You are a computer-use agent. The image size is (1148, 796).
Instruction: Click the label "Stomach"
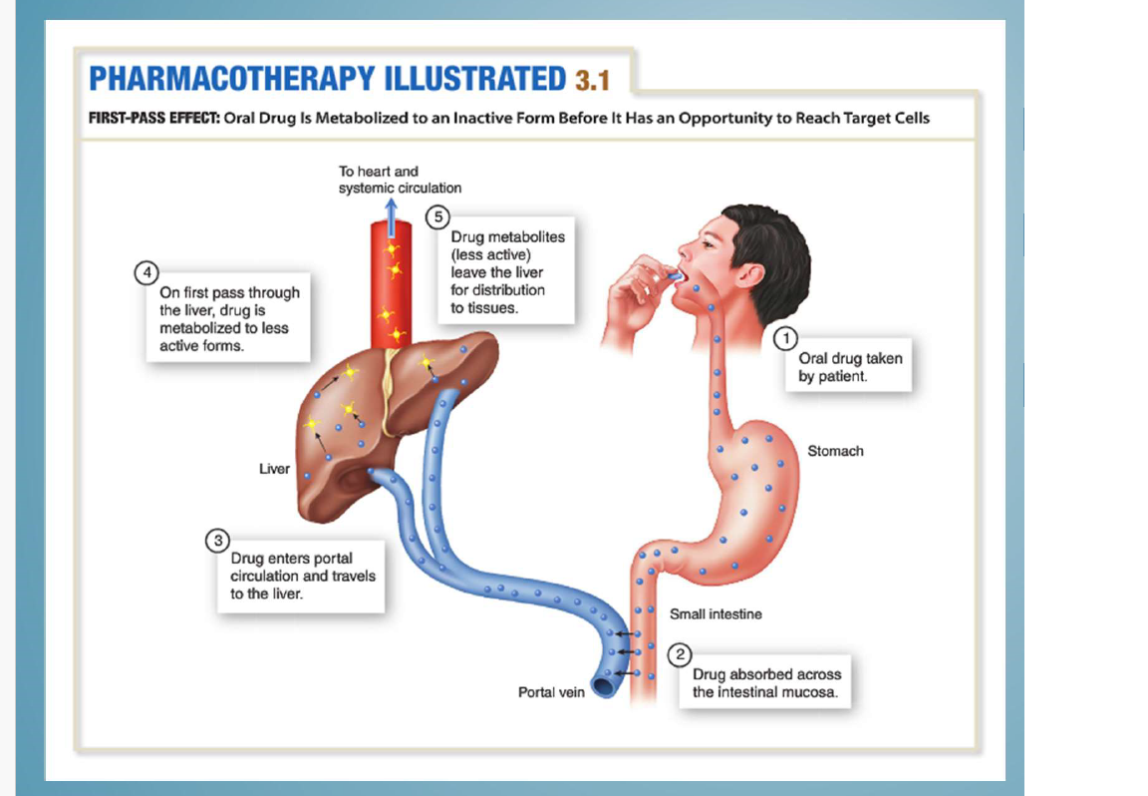click(x=835, y=451)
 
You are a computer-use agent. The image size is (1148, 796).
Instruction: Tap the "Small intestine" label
click(x=716, y=614)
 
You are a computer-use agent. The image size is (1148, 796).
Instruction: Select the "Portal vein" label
click(x=551, y=691)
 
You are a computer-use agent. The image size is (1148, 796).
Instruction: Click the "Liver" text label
click(x=274, y=469)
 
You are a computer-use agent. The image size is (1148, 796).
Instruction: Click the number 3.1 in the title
click(x=592, y=79)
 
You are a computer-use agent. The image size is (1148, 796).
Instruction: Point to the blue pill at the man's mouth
click(x=675, y=274)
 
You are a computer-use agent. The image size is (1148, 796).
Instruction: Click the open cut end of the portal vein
click(x=603, y=685)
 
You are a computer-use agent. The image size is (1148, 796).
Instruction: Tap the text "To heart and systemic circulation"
click(x=400, y=180)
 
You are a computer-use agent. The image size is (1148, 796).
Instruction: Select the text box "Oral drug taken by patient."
click(x=849, y=367)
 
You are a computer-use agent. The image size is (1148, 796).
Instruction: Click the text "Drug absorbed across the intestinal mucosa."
click(x=765, y=683)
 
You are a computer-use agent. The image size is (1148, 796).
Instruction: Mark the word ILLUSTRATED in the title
click(x=468, y=78)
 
